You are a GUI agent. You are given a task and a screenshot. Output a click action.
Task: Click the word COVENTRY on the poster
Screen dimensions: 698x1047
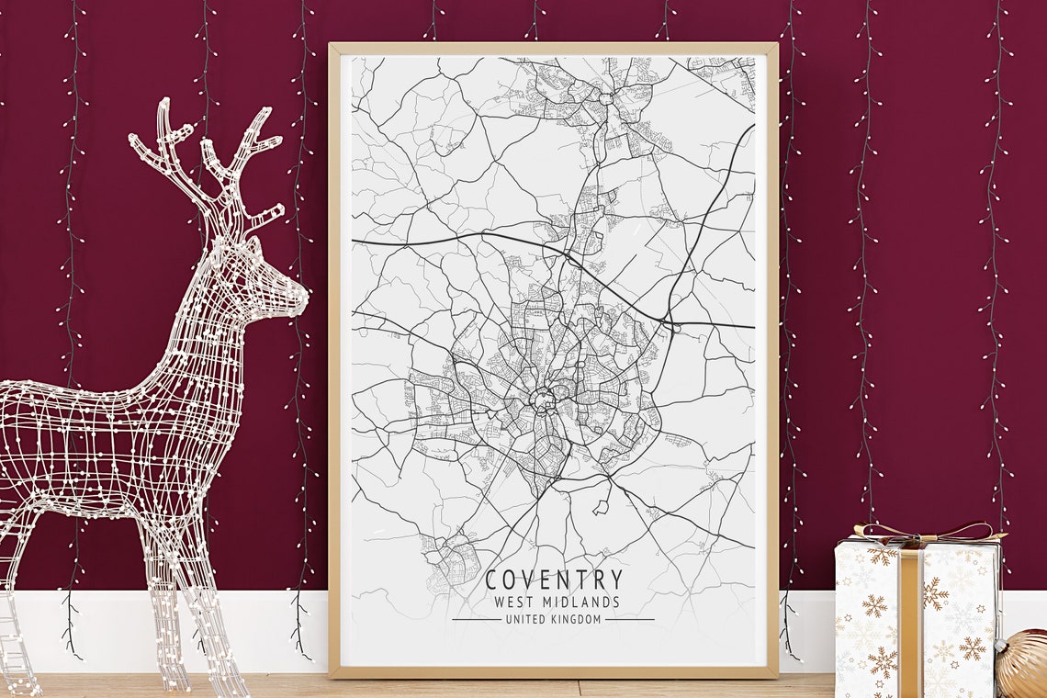coord(554,580)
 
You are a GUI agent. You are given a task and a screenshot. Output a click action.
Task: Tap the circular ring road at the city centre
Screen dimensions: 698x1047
coord(543,400)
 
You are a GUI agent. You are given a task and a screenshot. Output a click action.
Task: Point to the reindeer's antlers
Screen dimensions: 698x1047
coord(207,156)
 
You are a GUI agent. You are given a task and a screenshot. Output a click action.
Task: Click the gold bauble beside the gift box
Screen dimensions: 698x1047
coord(1025,663)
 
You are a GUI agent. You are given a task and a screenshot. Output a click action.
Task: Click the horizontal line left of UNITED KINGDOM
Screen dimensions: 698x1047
coord(477,620)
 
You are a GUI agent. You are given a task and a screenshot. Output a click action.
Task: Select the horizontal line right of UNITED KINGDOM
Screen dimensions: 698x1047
coord(629,620)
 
